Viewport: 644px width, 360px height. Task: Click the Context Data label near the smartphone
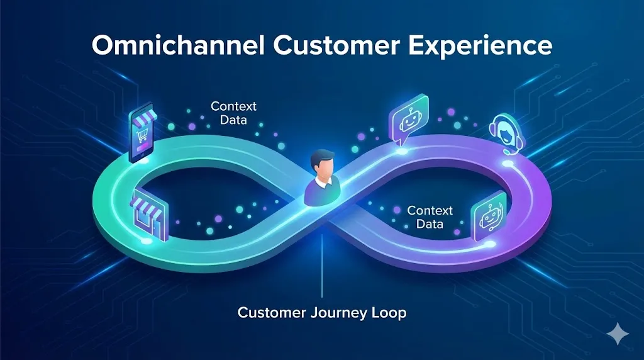tap(233, 113)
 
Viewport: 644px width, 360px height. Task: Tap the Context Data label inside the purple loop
tap(430, 217)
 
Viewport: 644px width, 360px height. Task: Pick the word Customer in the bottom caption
tap(269, 312)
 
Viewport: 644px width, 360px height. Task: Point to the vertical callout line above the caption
tap(322, 264)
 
